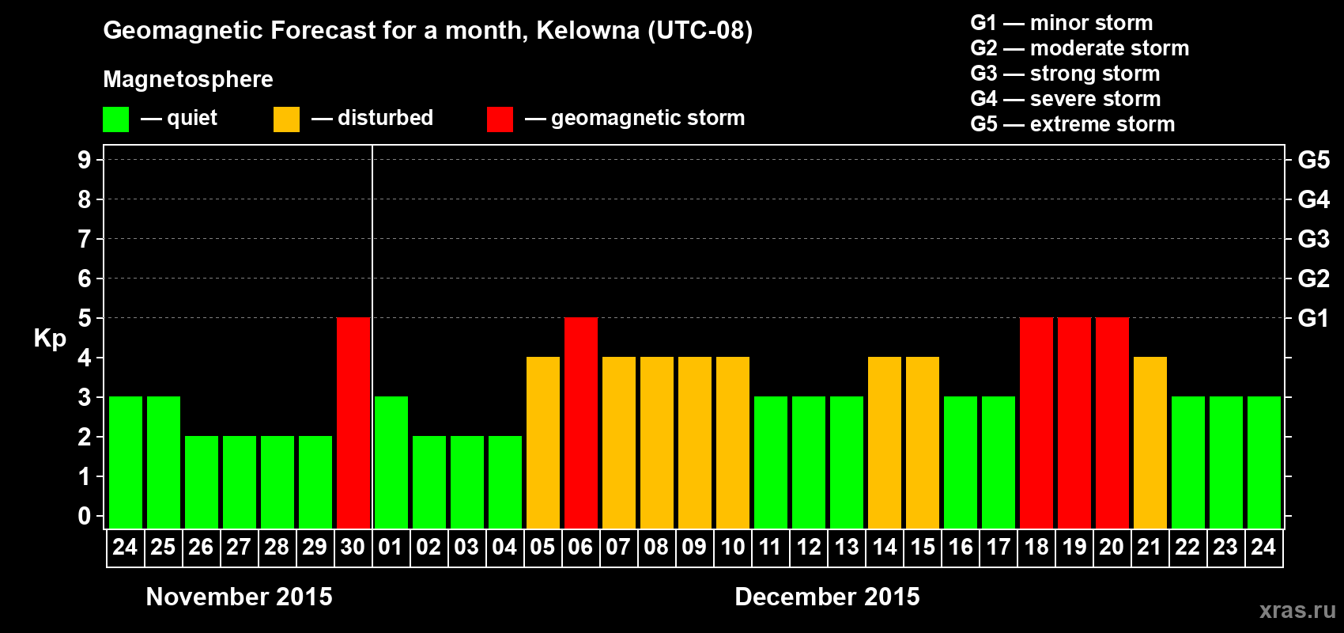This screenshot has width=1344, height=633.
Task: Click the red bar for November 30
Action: pos(353,423)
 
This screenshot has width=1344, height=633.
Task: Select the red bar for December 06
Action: pos(581,423)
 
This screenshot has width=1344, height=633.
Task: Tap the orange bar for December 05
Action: pos(543,443)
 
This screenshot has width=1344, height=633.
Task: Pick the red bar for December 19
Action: pos(1074,423)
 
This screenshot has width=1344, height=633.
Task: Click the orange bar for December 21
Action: pos(1150,443)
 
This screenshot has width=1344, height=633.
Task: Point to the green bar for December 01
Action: pos(391,463)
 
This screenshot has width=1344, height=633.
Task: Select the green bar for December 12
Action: pos(809,463)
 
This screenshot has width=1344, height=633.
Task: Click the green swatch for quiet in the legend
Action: pos(116,119)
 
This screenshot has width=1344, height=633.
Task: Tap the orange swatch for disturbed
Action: pos(287,119)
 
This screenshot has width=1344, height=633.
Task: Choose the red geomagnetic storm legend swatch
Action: pos(500,119)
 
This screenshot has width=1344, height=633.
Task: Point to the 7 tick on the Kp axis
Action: pos(85,239)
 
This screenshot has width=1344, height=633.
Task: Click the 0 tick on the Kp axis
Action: pos(85,517)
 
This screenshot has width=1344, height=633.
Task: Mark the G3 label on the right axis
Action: pos(1313,239)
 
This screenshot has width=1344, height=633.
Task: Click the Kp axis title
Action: pos(50,339)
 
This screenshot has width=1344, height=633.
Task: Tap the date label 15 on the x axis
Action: pos(923,547)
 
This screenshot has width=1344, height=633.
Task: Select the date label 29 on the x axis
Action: pos(315,547)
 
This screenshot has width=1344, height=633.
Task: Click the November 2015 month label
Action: pos(240,597)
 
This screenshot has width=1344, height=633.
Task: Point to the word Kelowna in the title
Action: pos(587,31)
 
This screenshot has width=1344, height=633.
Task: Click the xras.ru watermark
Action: pos(1297,610)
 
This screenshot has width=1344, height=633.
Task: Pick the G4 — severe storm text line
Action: pos(1066,99)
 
